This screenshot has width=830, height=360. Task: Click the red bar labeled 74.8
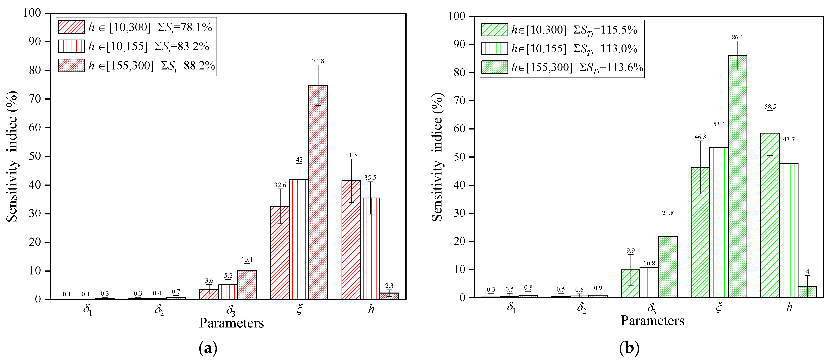coord(318,192)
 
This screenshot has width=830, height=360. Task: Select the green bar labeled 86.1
coord(737,176)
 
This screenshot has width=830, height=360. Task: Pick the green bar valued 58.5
coord(770,215)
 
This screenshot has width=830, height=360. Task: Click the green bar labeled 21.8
coord(668,267)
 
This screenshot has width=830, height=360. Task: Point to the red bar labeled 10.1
coord(247,285)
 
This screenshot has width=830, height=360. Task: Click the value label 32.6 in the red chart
coord(280,185)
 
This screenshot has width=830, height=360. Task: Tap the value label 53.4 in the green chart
coord(719,124)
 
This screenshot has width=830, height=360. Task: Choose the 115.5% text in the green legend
coord(621,30)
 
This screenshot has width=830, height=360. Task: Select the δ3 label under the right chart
coord(652,308)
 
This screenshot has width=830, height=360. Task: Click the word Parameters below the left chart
coord(231,323)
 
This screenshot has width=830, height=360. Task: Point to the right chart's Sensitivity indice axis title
coord(437,157)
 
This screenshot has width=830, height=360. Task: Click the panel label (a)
coord(208,348)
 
